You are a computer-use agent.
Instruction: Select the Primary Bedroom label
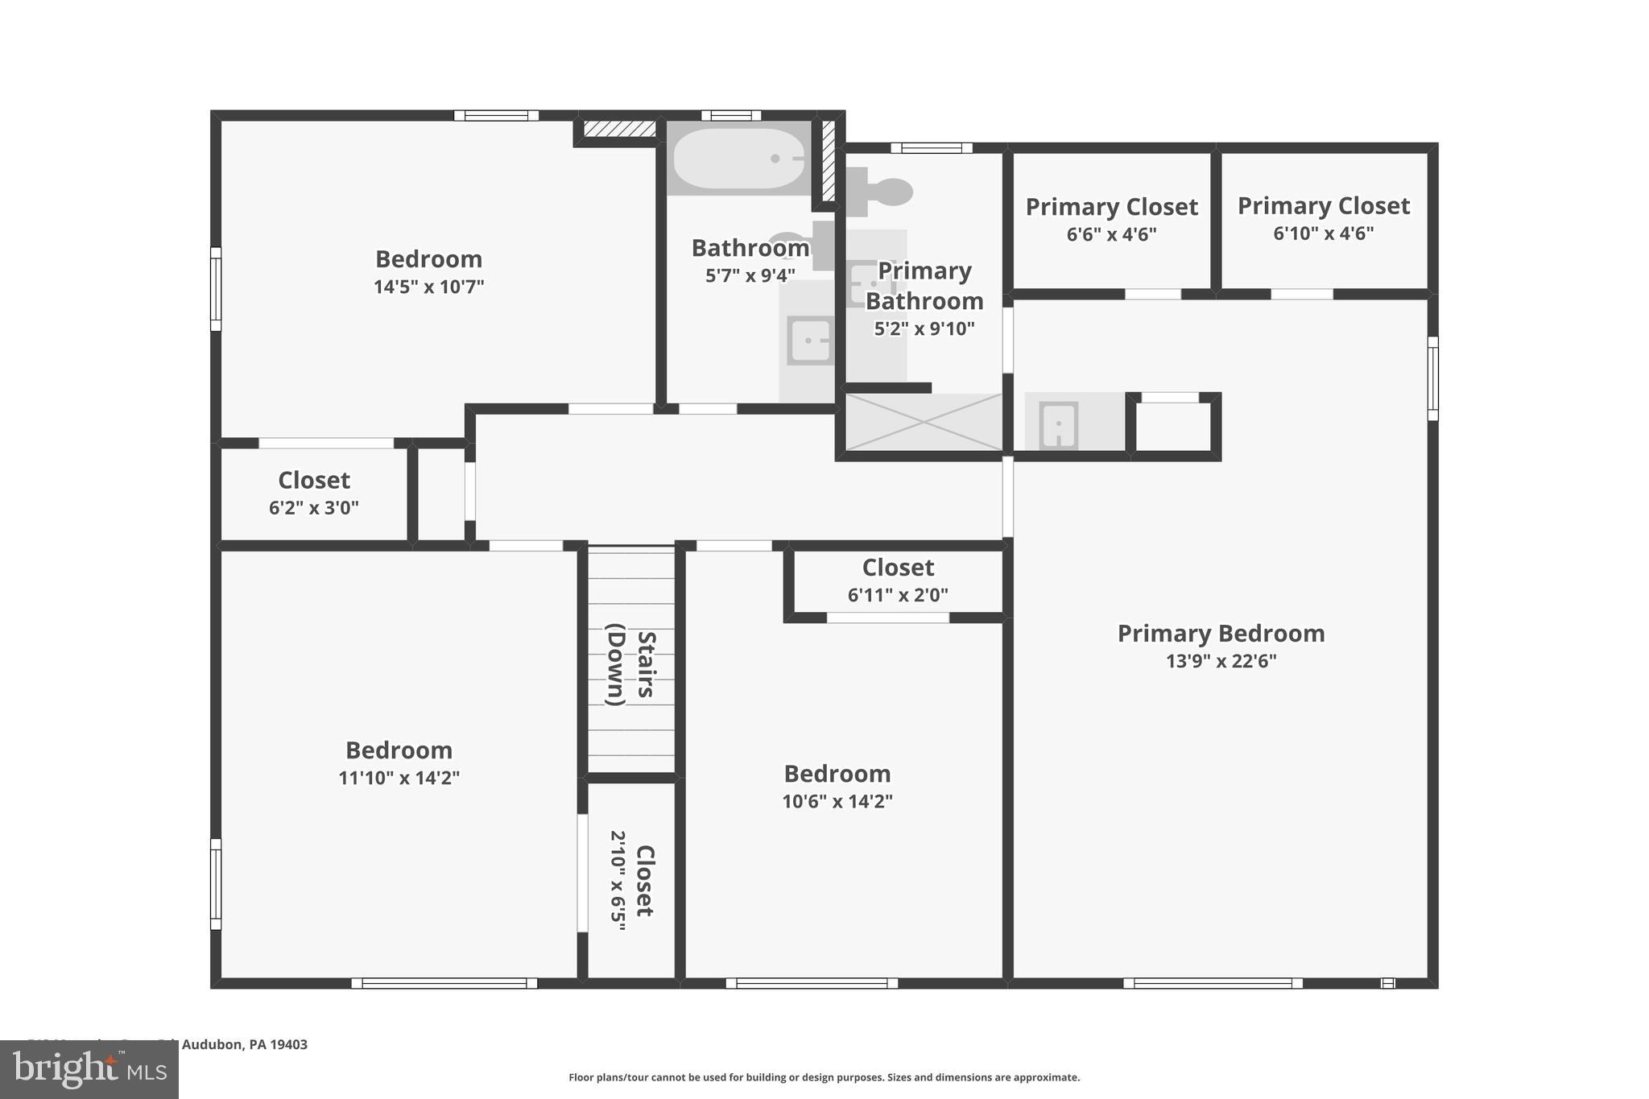1221,634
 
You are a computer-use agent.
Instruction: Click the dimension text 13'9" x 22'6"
1221,661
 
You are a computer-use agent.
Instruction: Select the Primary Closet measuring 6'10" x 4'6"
1323,218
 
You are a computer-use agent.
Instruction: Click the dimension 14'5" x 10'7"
428,287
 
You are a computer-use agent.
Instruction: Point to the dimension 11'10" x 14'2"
399,778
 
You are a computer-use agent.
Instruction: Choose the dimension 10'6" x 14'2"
837,801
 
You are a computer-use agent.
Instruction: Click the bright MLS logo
89,1069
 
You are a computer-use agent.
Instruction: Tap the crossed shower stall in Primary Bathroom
924,422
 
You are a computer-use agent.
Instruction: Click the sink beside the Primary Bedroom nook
1058,424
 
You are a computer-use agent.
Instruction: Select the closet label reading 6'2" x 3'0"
313,493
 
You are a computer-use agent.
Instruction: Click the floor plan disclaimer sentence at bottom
824,1077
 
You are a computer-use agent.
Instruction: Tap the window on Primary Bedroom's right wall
1432,378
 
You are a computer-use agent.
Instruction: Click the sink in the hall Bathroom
809,341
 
